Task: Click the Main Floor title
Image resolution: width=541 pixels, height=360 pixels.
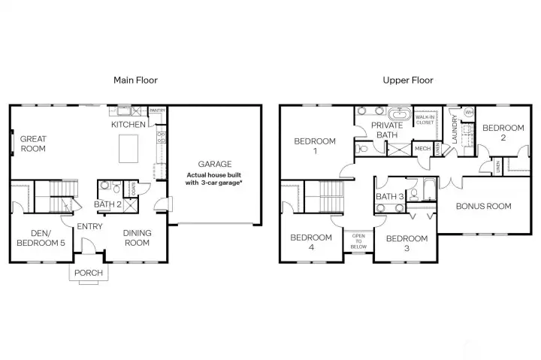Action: (135, 80)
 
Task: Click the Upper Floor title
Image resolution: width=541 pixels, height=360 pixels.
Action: (409, 80)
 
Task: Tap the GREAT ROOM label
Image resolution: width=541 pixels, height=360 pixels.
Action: (33, 144)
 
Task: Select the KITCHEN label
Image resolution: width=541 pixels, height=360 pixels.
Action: (128, 124)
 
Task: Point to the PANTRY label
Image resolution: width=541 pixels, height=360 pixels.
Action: (157, 110)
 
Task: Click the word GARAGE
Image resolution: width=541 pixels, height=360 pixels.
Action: (214, 164)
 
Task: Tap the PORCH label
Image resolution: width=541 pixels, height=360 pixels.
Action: (89, 272)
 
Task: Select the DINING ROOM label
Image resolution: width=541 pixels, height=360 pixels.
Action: (137, 237)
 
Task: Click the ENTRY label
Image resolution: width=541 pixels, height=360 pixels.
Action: (89, 225)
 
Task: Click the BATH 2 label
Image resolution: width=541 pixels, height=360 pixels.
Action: (107, 204)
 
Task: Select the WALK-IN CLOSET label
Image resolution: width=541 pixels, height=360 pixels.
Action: (425, 119)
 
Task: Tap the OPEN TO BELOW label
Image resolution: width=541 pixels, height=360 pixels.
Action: (359, 241)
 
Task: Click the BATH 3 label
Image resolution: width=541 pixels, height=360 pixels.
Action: (389, 197)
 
